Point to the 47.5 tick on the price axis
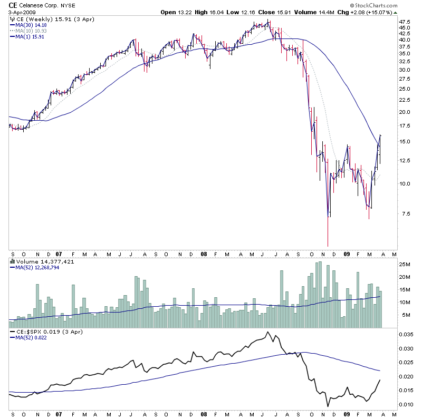[405, 22]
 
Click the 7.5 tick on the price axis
[404, 213]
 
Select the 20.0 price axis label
[405, 112]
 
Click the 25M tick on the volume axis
[405, 264]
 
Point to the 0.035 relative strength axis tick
[405, 335]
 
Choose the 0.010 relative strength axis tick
[405, 405]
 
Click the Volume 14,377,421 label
[37, 261]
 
